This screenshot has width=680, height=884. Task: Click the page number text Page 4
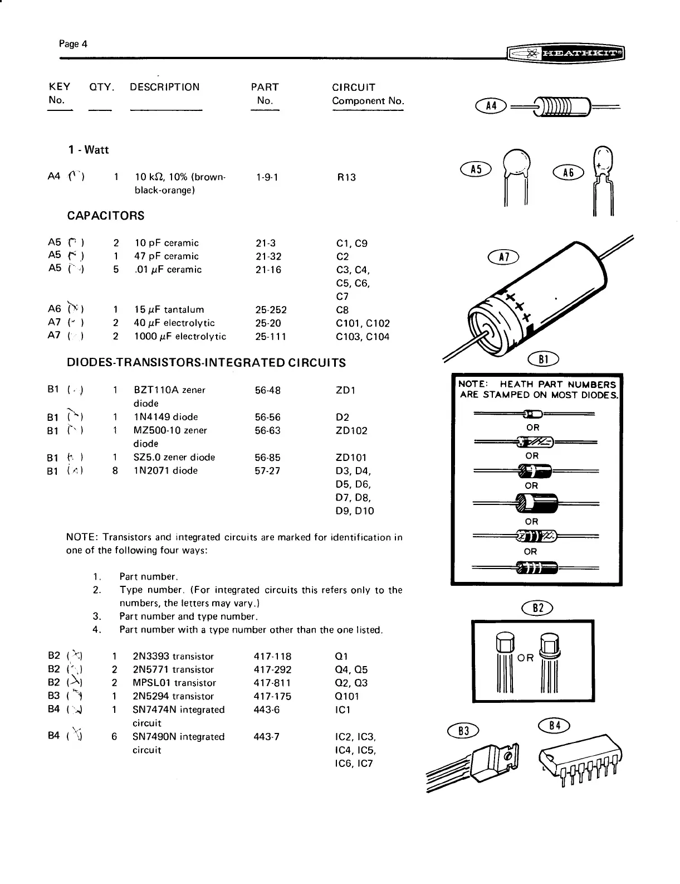point(73,44)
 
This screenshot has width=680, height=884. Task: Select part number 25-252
point(268,310)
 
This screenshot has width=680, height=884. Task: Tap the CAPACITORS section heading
point(105,216)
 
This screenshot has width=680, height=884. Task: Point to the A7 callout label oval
point(503,256)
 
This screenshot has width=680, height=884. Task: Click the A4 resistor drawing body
point(562,105)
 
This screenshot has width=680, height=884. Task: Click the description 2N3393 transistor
point(173,656)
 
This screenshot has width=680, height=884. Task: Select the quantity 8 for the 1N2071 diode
point(115,470)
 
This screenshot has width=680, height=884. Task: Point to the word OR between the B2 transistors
point(526,658)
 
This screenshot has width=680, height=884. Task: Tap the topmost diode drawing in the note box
point(534,414)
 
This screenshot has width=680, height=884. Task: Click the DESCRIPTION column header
point(164,87)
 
